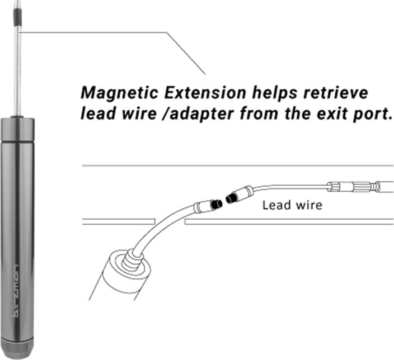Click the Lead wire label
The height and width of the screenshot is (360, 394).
292,205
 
